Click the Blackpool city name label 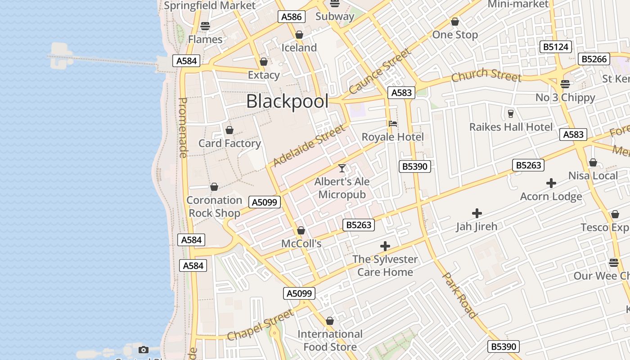click(x=287, y=101)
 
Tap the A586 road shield click(x=292, y=17)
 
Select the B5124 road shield click(x=555, y=47)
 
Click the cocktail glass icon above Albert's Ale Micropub click(x=342, y=168)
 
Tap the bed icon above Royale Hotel click(x=393, y=124)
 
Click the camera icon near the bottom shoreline click(x=144, y=350)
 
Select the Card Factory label click(x=229, y=143)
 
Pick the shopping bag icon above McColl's click(x=301, y=231)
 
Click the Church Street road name click(x=486, y=75)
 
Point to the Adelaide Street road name click(x=310, y=145)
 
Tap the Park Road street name click(x=459, y=295)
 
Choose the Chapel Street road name click(x=261, y=324)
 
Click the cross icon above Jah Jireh click(x=477, y=213)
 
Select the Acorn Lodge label click(x=551, y=196)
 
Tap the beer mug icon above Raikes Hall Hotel click(x=510, y=113)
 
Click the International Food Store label click(x=330, y=340)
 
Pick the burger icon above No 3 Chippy click(x=565, y=84)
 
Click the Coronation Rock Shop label click(x=214, y=206)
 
